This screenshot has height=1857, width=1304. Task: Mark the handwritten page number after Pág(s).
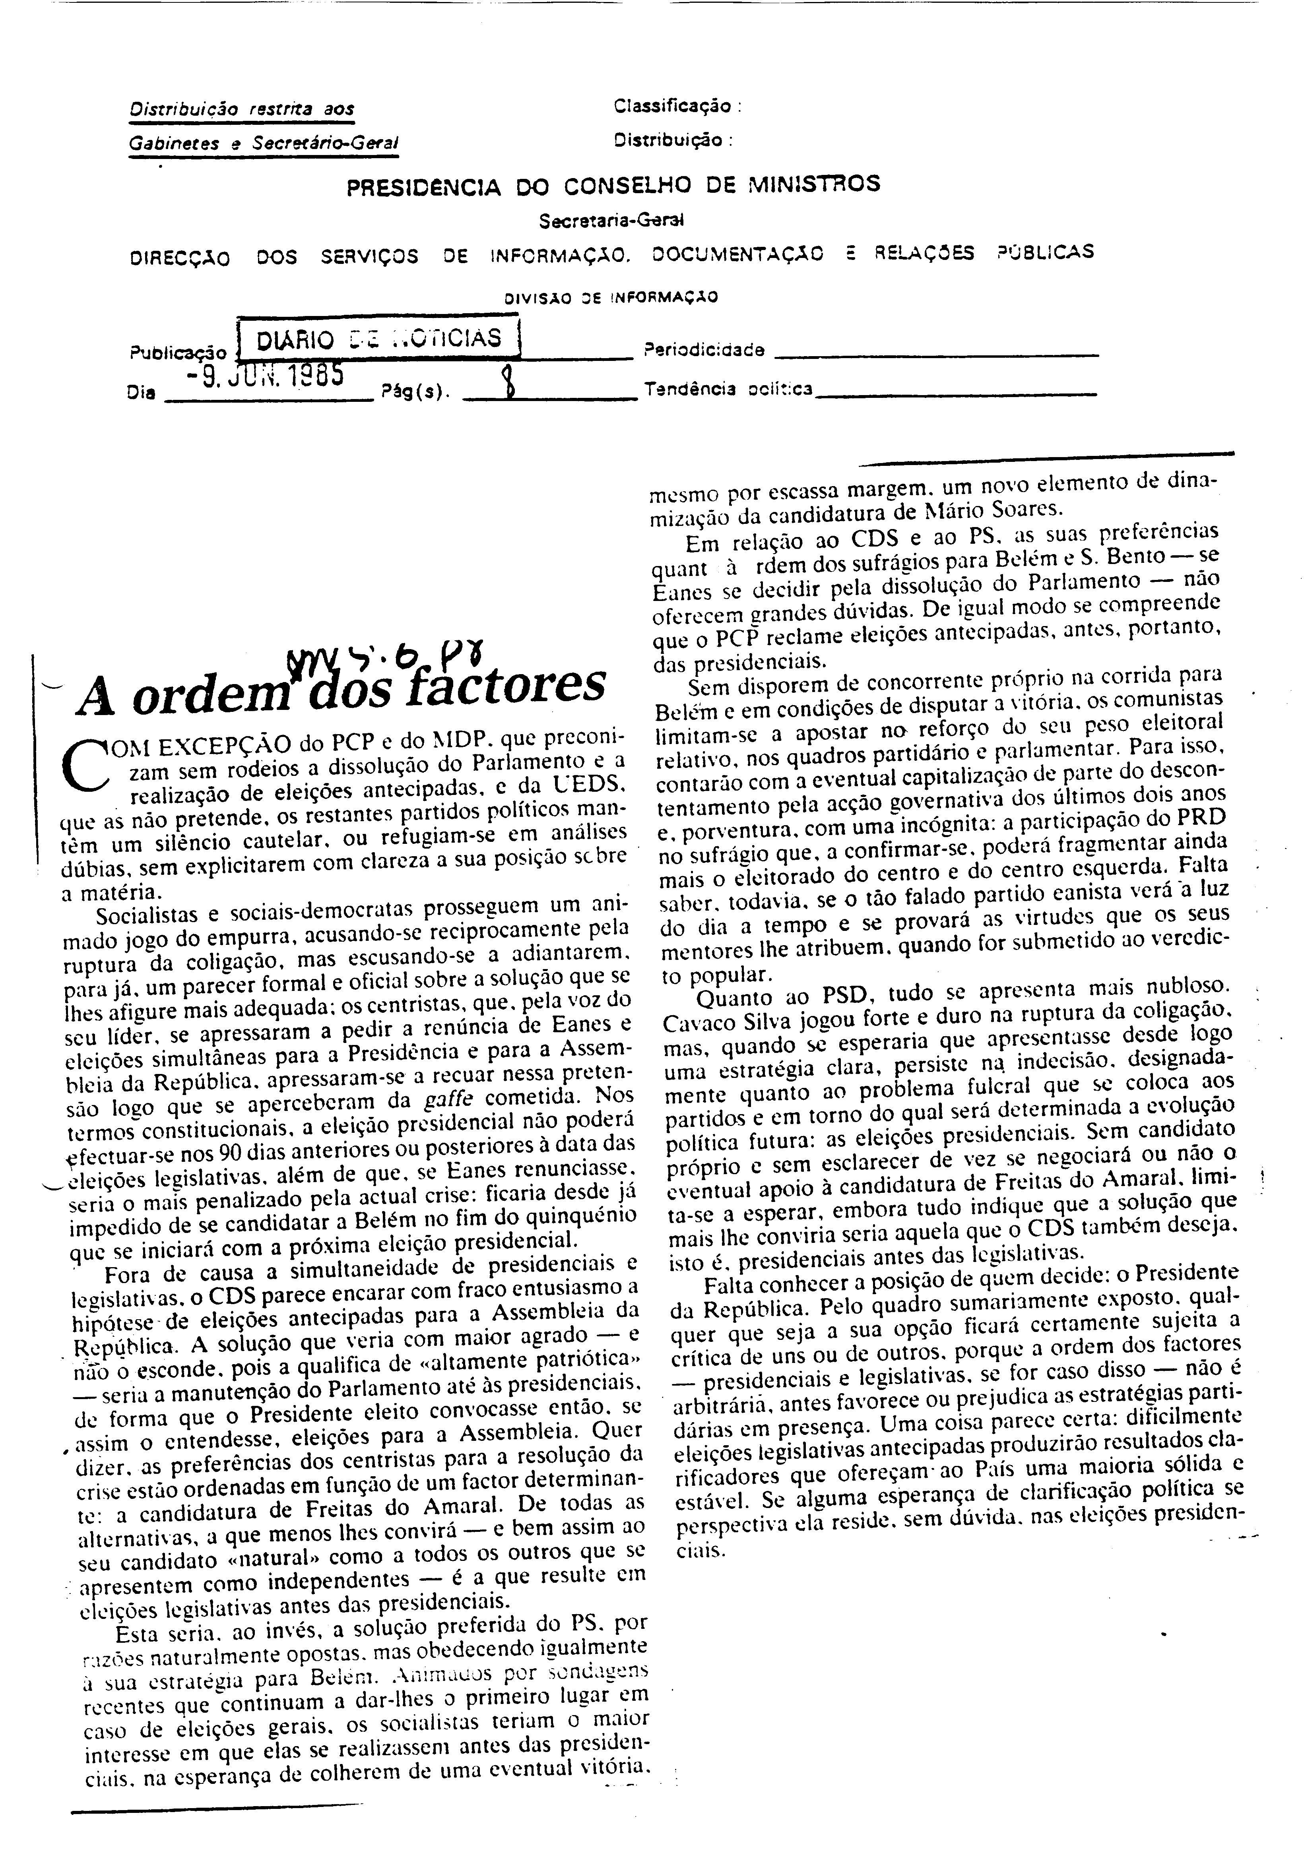coord(507,380)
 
